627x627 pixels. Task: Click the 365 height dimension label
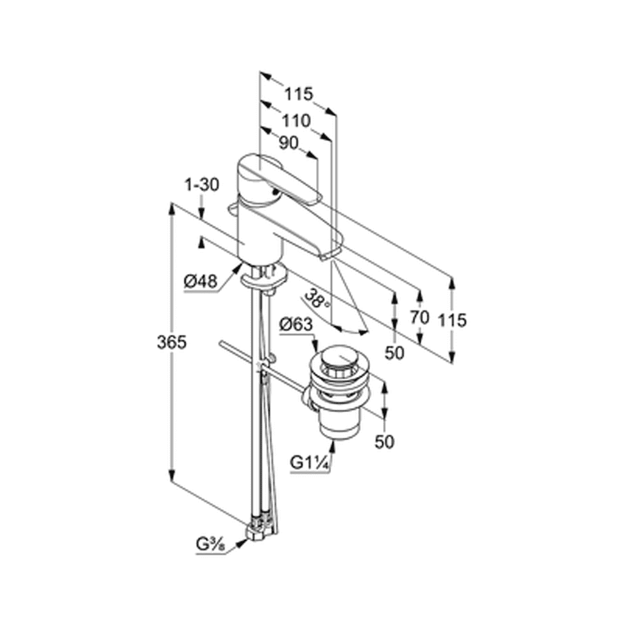tap(172, 342)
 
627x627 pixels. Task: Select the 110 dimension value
tap(296, 120)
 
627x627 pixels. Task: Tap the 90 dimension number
tap(288, 143)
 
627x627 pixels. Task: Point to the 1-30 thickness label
tap(201, 185)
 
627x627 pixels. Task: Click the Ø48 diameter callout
tap(201, 282)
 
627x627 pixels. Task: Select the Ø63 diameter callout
tap(296, 324)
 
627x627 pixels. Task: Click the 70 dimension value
tap(419, 317)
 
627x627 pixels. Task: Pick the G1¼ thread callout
tap(310, 463)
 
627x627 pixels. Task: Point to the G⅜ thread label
tap(210, 544)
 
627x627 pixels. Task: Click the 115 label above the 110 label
tap(298, 95)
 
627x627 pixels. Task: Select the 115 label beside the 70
tap(452, 320)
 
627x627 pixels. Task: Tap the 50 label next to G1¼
tap(384, 441)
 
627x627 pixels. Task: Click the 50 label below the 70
tap(394, 352)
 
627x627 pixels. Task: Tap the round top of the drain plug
tap(340, 359)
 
